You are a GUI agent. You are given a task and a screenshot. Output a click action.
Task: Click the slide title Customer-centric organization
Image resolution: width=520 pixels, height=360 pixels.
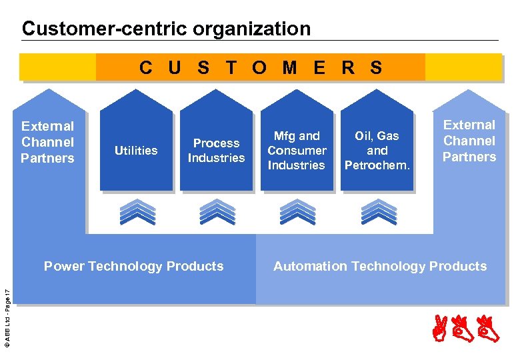pos(166,29)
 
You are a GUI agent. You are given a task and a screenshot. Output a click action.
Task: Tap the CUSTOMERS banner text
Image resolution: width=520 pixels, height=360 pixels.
pos(261,67)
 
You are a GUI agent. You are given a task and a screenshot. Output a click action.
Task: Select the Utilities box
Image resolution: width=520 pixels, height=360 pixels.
pos(136,151)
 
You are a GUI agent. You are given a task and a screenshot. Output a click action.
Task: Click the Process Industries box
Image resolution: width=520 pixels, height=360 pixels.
pos(216,151)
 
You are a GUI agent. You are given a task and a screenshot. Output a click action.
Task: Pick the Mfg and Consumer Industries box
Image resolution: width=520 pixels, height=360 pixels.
pos(297,151)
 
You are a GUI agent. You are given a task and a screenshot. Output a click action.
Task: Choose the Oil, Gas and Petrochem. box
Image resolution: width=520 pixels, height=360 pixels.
pos(377,151)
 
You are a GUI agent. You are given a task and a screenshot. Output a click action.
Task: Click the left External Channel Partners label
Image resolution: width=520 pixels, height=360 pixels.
pos(47,142)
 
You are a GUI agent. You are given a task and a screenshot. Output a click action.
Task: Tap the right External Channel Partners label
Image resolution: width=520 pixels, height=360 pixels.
pos(469,141)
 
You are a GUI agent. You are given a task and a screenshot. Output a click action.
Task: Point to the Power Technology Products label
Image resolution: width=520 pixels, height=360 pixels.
pos(133,267)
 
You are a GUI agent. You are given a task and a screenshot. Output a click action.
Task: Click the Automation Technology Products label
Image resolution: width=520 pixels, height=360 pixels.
pos(380,267)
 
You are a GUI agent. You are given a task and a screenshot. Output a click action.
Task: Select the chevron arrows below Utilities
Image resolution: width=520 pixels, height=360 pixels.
pos(137,211)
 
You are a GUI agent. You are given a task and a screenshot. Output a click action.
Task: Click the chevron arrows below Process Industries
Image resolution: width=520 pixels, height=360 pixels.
pos(217,211)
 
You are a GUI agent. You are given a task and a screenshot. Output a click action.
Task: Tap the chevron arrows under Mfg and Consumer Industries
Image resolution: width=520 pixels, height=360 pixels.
pos(297,211)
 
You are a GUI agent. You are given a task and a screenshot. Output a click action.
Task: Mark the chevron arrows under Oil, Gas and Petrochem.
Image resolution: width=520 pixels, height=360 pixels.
pos(377,211)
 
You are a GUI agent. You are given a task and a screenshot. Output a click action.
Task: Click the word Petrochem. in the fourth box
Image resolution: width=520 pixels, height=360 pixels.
pos(377,165)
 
